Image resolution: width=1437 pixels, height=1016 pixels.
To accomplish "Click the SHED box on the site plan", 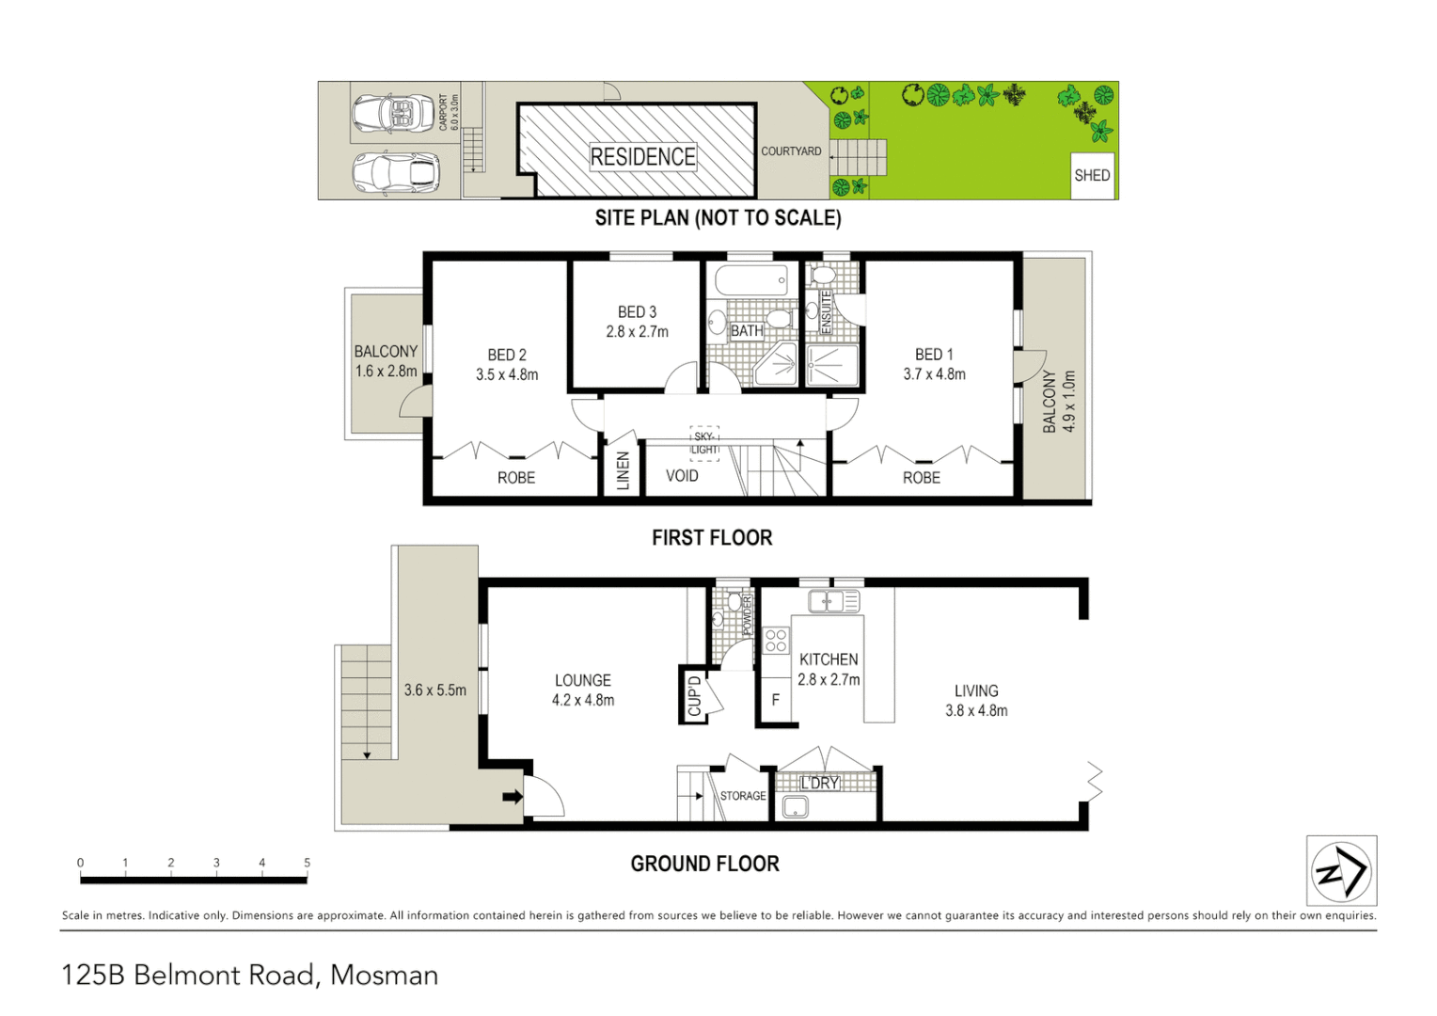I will [x=1092, y=176].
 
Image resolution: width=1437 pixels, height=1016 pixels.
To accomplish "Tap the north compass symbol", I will [x=1341, y=871].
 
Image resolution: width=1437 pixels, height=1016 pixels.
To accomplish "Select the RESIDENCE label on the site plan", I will [x=643, y=157].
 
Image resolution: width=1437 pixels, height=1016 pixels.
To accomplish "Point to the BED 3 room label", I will [x=637, y=312].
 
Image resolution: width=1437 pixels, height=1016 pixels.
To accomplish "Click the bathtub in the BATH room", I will [x=751, y=280].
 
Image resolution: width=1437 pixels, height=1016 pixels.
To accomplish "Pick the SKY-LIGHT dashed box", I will [x=704, y=443].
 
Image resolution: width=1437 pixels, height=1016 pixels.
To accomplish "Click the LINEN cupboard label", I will [x=623, y=470].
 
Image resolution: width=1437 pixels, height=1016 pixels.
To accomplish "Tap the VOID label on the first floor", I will [x=682, y=476].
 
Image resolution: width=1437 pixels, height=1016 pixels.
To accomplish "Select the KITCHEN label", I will [x=829, y=659].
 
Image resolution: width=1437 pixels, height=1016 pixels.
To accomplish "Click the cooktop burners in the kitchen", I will [x=776, y=641].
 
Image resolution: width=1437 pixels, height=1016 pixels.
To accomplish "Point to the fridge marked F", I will [x=776, y=700].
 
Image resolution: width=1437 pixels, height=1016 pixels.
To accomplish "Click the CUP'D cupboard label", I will [x=694, y=696].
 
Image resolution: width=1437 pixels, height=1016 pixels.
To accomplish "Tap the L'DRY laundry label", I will [x=819, y=783].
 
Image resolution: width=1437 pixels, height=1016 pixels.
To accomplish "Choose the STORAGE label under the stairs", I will [x=743, y=796].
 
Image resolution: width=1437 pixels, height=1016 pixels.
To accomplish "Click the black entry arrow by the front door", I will [x=513, y=797].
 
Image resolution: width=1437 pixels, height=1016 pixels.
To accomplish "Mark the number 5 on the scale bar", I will [x=308, y=863].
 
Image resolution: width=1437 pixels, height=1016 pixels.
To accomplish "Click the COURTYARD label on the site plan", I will [x=791, y=151].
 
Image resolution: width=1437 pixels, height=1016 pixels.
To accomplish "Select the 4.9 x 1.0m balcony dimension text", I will [x=1068, y=402].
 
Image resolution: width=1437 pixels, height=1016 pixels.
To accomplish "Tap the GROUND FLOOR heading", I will [x=704, y=864].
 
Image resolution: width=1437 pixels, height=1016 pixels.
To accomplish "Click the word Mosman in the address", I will [x=384, y=976].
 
